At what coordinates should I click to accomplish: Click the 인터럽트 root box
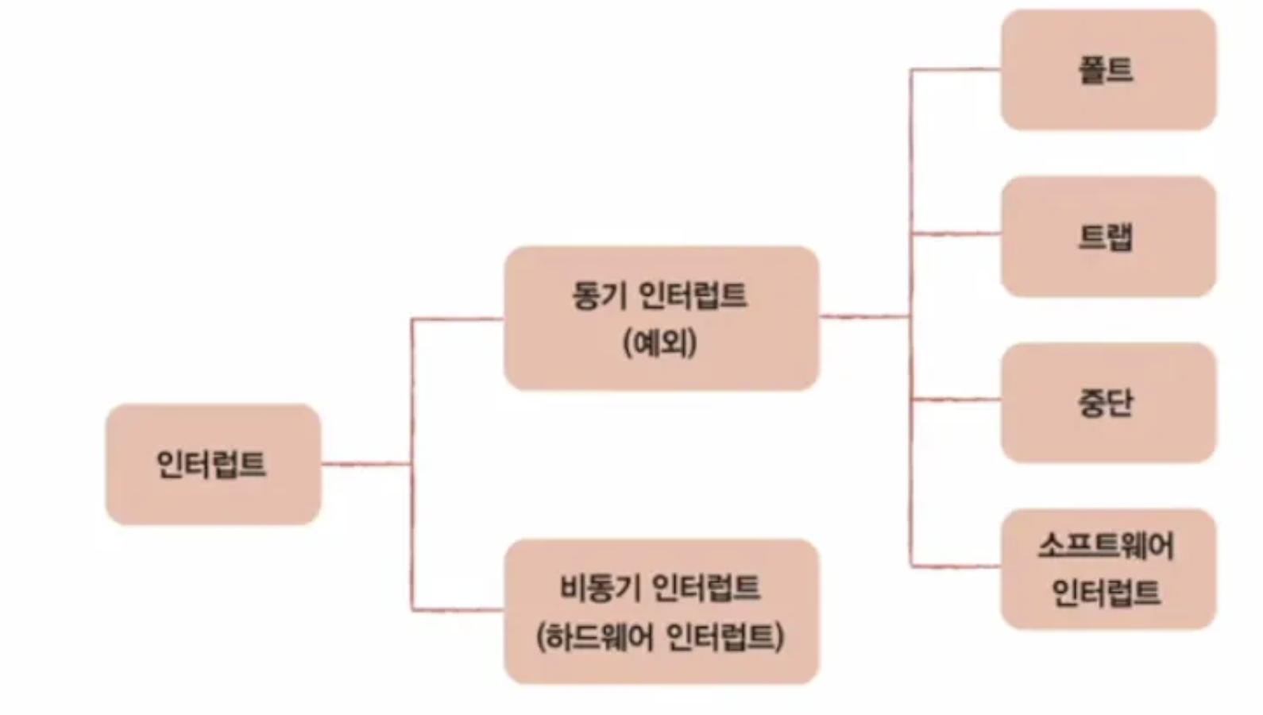point(213,464)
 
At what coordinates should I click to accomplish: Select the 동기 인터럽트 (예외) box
point(661,318)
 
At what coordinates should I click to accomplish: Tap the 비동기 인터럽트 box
point(661,611)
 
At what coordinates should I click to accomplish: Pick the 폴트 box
point(1108,70)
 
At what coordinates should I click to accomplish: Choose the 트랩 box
point(1108,237)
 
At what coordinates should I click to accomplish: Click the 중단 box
point(1108,403)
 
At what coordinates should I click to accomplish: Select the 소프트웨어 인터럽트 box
point(1108,569)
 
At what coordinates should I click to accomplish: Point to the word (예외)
point(660,343)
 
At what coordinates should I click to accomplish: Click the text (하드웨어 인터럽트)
point(660,636)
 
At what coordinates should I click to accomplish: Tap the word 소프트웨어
point(1106,546)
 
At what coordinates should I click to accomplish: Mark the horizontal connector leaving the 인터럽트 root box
point(365,463)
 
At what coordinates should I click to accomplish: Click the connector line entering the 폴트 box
point(956,70)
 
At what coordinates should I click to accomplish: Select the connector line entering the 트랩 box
point(956,234)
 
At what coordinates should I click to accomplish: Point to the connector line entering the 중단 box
point(956,399)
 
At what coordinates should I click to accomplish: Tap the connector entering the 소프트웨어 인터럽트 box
point(956,566)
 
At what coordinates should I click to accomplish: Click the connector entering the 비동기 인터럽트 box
point(458,609)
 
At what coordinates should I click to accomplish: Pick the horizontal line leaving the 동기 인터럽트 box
point(864,316)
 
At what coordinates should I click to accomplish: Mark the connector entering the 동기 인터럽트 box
point(458,319)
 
